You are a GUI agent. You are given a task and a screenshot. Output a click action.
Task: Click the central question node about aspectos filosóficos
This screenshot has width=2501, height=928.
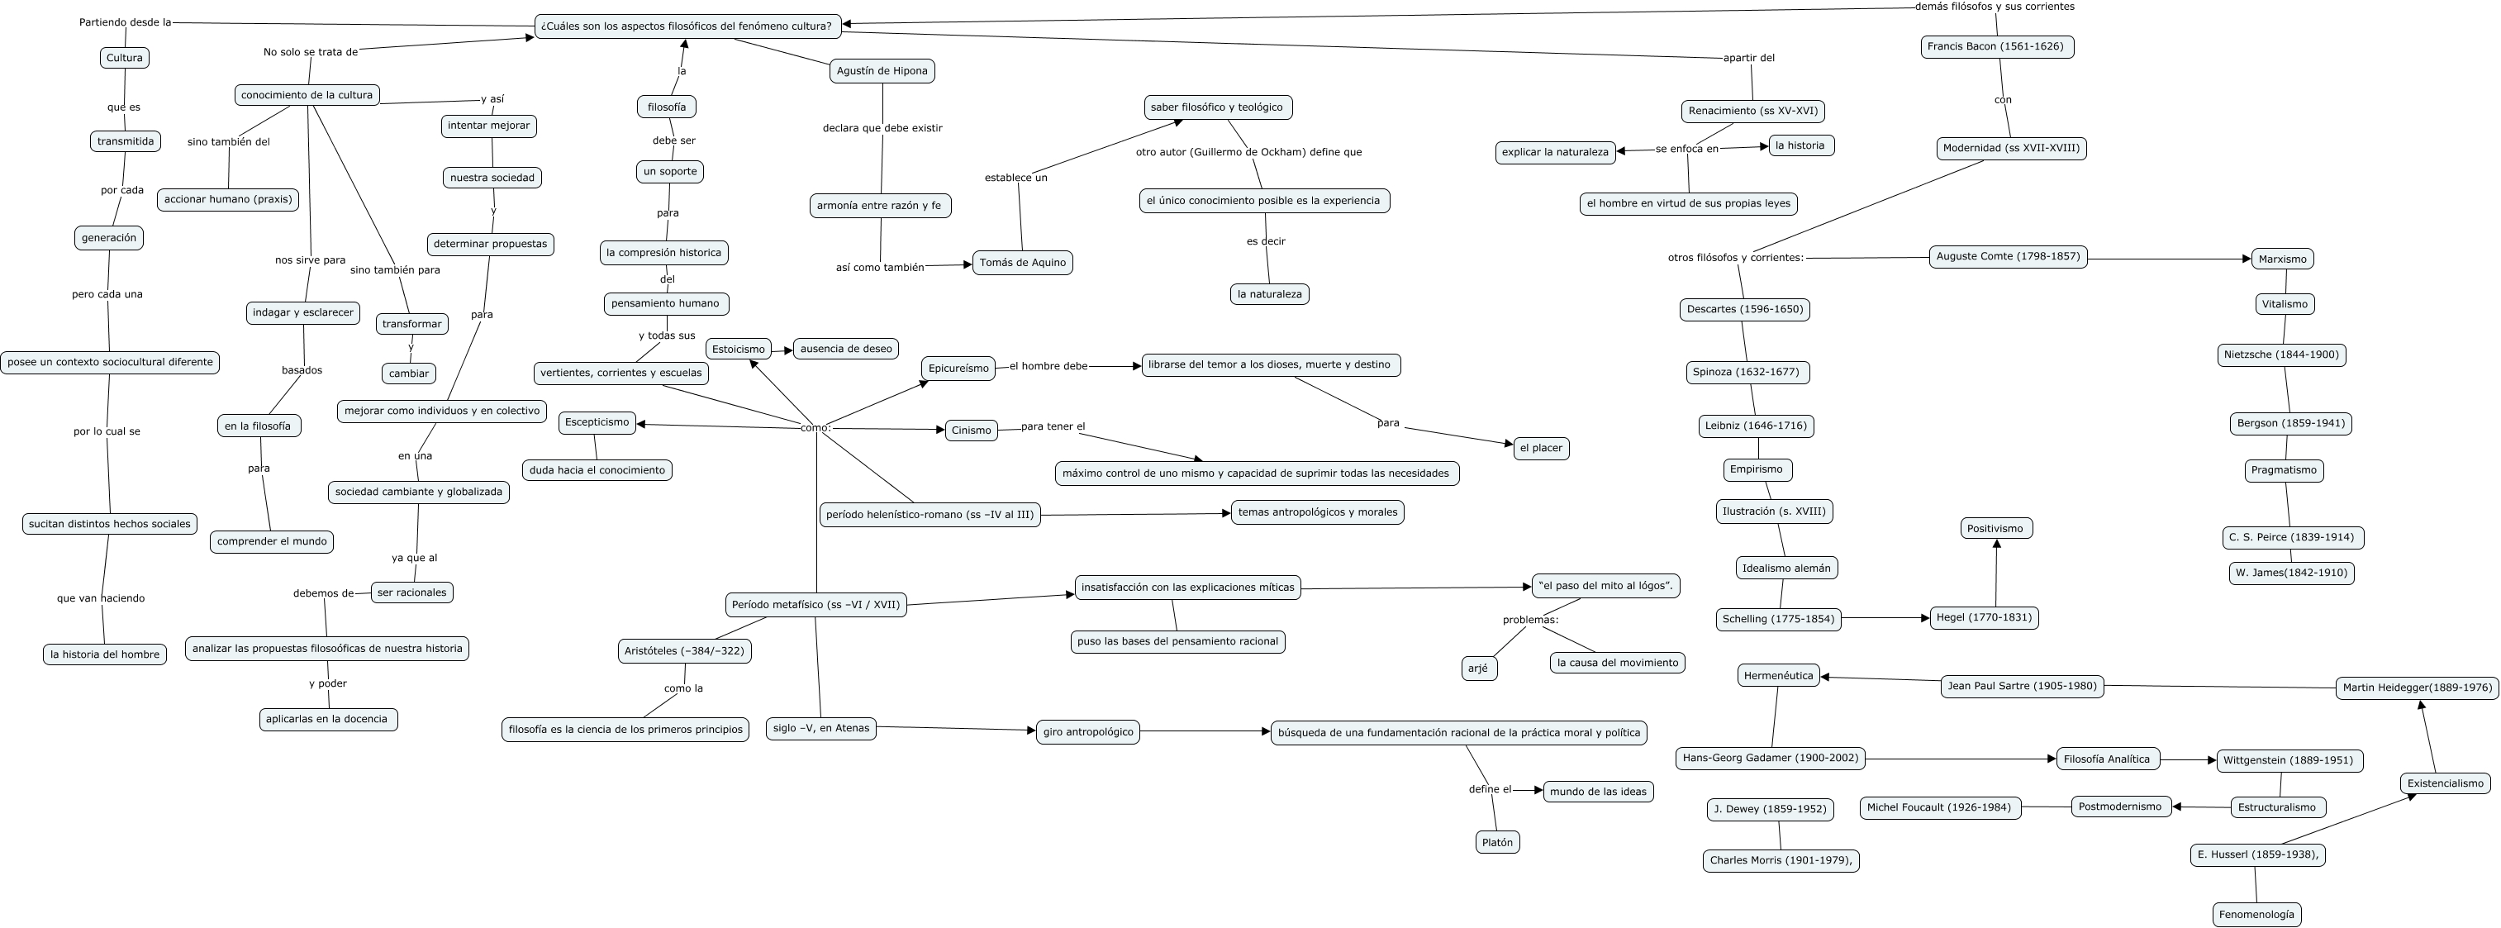[x=687, y=26]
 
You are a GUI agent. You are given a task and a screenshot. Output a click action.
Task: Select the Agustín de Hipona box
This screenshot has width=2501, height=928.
[x=882, y=71]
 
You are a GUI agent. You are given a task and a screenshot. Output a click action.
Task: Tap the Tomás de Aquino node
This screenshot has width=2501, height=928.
[x=1022, y=263]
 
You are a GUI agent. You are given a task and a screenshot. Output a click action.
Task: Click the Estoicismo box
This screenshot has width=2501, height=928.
[x=738, y=350]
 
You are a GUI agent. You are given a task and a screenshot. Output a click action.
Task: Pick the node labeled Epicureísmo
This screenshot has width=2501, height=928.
[x=958, y=369]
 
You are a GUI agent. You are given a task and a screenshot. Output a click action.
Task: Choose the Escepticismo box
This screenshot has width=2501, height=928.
[x=597, y=422]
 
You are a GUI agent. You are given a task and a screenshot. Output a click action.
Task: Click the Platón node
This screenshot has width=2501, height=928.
[x=1496, y=843]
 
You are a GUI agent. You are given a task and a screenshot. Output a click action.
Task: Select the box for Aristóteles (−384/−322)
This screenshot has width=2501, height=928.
[x=684, y=651]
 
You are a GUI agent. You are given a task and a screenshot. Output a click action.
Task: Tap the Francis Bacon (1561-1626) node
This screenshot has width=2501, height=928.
[x=1996, y=46]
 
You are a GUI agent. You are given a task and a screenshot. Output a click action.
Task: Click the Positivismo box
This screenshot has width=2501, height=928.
[x=1995, y=529]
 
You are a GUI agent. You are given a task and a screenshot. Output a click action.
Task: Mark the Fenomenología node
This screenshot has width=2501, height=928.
[x=2256, y=915]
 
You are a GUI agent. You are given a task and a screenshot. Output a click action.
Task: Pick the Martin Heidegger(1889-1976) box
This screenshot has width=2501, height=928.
[x=2417, y=688]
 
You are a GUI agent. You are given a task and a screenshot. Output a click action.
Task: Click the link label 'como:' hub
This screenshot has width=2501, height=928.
[x=815, y=428]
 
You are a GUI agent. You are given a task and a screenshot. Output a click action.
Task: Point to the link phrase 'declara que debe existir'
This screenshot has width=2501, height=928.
[x=882, y=128]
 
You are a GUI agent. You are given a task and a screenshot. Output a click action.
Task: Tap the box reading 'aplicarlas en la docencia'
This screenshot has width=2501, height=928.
[x=328, y=719]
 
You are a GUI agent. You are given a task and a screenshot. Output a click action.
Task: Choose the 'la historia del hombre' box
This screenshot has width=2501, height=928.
[x=105, y=655]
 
